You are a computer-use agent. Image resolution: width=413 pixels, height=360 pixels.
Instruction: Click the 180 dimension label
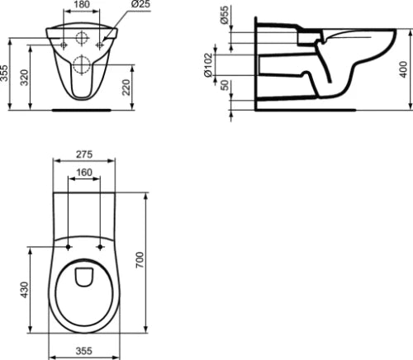click(x=82, y=4)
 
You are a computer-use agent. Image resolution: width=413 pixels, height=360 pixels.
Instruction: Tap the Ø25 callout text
click(x=140, y=4)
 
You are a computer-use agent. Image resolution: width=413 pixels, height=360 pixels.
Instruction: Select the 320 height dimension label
click(x=24, y=78)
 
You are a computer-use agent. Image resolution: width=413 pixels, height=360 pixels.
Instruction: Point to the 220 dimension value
click(x=126, y=87)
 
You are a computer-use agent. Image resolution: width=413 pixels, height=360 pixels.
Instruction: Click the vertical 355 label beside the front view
click(x=4, y=73)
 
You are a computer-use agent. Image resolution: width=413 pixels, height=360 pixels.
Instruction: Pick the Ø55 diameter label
click(x=225, y=15)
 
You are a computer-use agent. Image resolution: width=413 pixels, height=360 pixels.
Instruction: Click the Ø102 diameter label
click(x=208, y=64)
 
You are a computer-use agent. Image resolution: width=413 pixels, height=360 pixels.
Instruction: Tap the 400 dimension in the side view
click(x=403, y=69)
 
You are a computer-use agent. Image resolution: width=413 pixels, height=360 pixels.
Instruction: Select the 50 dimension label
click(x=225, y=85)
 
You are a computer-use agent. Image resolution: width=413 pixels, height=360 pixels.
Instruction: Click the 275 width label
click(x=84, y=154)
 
